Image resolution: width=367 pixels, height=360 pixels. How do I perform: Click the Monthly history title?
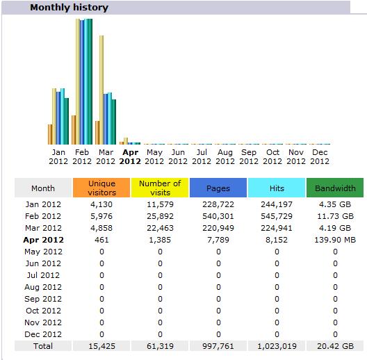69,8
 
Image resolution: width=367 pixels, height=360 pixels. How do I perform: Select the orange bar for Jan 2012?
50,134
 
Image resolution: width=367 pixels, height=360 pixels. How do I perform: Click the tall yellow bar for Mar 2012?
101,90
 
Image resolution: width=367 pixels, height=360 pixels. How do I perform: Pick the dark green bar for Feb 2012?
90,81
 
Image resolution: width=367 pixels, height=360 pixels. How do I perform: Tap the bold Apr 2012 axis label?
130,156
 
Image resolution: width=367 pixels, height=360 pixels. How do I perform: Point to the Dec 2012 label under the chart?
320,156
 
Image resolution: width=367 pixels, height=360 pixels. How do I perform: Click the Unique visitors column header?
101,188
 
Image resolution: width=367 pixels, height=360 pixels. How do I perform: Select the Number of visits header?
160,188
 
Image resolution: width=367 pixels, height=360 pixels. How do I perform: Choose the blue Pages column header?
218,188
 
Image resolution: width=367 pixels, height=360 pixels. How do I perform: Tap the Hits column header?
277,188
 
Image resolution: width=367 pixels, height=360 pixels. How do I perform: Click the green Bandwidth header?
335,188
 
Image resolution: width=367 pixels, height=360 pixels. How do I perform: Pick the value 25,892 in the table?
160,216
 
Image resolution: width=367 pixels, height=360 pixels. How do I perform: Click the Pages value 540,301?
218,216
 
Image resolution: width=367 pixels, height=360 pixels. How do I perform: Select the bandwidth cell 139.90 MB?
335,240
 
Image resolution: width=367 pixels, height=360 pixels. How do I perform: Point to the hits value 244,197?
277,204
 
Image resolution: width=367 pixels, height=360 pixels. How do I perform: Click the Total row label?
43,346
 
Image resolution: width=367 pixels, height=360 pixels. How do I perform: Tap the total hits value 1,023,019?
277,346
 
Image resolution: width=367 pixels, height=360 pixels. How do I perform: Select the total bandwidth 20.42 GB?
335,346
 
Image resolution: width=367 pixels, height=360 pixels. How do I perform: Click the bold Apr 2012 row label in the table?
43,240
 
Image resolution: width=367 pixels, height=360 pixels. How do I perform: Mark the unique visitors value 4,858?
101,228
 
